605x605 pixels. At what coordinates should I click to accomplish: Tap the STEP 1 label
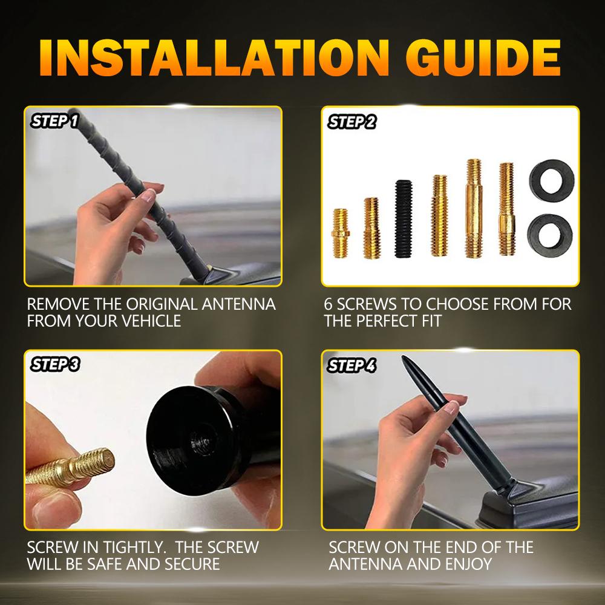tap(54, 122)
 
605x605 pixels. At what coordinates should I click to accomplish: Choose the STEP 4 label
tap(352, 365)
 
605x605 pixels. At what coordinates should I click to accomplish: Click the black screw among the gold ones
tap(403, 219)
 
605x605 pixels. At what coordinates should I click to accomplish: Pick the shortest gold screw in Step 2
tap(342, 232)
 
